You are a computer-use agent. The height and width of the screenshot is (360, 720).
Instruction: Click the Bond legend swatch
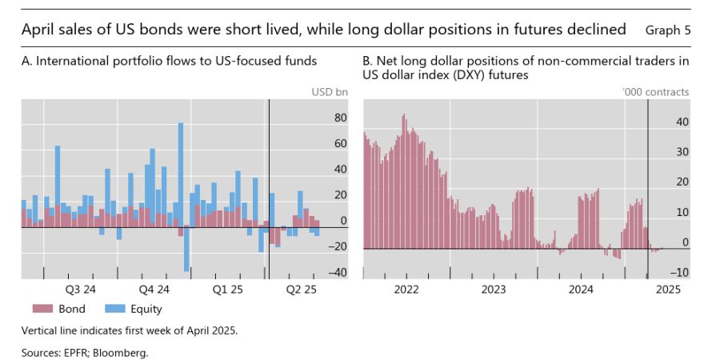click(42, 309)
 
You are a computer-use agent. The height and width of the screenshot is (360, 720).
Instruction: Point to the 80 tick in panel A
click(340, 118)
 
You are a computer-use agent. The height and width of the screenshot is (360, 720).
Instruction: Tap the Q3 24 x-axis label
click(81, 289)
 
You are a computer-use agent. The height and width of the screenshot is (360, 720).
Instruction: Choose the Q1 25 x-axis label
click(227, 289)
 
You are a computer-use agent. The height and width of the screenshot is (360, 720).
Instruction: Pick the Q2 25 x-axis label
click(302, 289)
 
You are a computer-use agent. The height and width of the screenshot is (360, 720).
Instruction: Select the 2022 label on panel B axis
click(406, 289)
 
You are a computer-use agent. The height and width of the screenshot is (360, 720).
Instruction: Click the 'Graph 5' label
click(668, 30)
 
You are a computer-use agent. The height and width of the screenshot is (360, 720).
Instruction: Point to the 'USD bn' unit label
click(330, 92)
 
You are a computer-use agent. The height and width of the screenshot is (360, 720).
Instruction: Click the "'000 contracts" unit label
click(655, 92)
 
